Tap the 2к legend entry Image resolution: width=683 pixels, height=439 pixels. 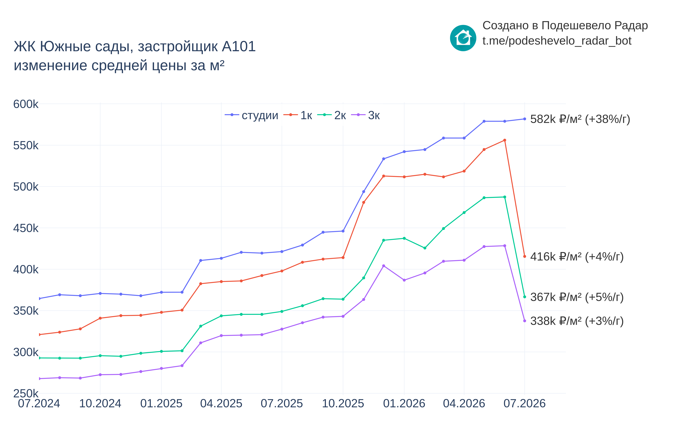coord(332,115)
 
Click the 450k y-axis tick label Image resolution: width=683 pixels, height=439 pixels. coord(26,228)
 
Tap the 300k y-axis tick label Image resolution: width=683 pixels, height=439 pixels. coord(26,352)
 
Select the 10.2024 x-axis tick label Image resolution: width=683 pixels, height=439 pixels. coord(100,403)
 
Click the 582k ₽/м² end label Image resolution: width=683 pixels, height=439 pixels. coord(580,119)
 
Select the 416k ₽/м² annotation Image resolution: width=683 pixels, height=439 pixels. coord(577,257)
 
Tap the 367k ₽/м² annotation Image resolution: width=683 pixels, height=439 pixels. coord(577,297)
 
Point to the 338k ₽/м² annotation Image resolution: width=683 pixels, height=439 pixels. coord(577,321)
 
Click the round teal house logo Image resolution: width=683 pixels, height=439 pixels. coord(463,38)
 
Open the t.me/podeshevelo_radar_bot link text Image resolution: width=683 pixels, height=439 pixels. coord(557,41)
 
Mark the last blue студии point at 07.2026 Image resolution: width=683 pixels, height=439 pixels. coord(524,119)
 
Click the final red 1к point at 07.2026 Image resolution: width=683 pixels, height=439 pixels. coord(524,256)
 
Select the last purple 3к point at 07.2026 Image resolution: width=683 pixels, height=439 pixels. coord(524,321)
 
